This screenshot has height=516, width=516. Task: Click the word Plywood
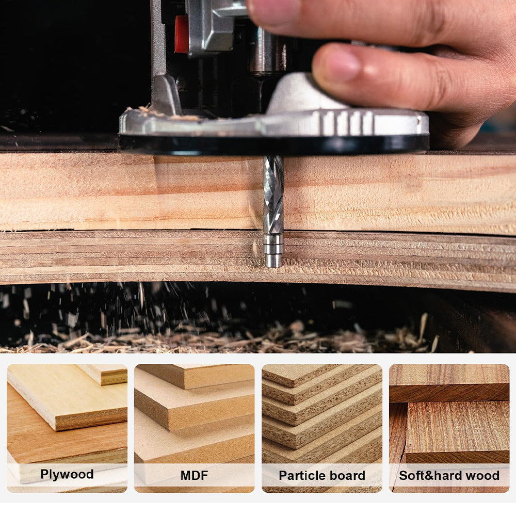coord(67,474)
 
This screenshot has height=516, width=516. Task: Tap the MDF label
coord(194,475)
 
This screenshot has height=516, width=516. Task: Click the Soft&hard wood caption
coord(449,475)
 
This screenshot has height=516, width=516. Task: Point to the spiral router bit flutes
coord(273,191)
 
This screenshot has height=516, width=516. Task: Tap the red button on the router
coord(182,34)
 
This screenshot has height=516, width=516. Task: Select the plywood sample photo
coord(67,413)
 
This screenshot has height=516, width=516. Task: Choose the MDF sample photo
coord(194,413)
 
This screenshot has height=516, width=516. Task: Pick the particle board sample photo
coord(322,413)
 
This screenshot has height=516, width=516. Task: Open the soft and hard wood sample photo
coord(449,413)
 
